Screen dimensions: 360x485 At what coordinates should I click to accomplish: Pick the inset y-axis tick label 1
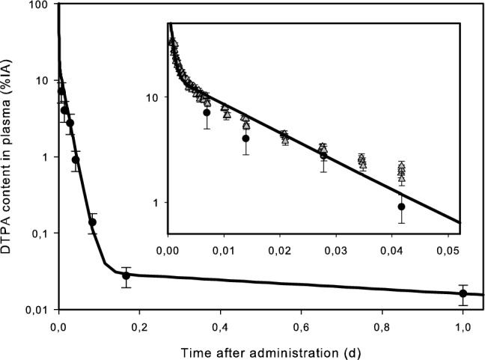pos(156,203)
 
